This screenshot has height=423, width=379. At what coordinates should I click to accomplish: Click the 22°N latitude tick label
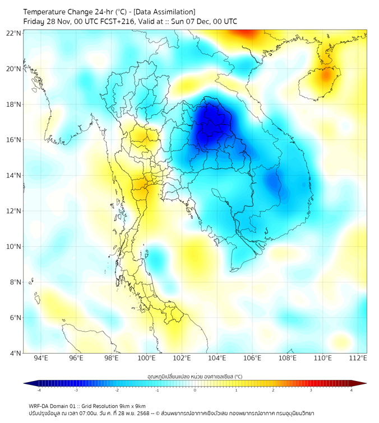click(14, 33)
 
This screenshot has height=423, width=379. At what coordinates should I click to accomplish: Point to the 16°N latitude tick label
click(14, 140)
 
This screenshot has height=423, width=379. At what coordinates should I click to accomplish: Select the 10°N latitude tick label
click(14, 246)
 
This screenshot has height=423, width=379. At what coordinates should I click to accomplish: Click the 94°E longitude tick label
click(41, 358)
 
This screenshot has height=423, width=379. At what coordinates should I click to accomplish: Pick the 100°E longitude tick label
click(147, 358)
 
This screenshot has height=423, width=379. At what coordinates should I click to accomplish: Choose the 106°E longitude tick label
click(252, 358)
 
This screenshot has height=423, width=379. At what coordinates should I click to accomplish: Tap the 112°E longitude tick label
click(358, 358)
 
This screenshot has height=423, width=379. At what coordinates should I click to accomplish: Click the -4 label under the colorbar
click(38, 390)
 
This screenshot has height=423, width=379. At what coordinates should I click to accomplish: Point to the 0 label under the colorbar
click(195, 390)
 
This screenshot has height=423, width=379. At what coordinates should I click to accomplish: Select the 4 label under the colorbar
click(352, 390)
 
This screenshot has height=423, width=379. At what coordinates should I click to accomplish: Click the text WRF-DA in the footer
click(39, 406)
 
